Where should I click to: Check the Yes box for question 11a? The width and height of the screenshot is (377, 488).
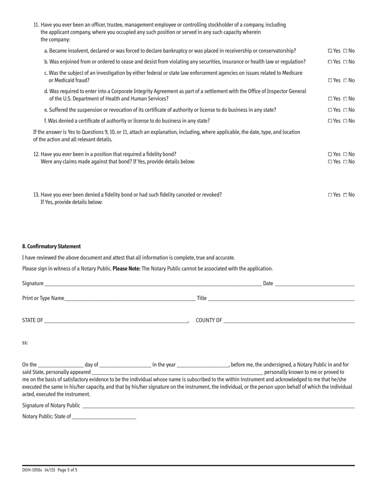(330, 51)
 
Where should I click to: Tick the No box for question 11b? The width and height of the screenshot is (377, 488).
(345, 62)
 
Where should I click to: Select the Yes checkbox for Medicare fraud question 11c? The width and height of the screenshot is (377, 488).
(330, 81)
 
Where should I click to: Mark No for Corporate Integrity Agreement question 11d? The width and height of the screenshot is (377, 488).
(345, 99)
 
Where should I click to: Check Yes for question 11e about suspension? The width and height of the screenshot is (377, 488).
(330, 110)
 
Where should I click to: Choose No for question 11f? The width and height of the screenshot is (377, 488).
(345, 121)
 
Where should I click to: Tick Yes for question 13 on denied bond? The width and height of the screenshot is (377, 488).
(330, 195)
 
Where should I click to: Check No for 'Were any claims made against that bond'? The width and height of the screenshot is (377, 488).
(345, 162)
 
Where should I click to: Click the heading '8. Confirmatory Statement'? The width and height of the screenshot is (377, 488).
(52, 246)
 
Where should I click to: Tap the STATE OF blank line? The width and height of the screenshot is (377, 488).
(115, 321)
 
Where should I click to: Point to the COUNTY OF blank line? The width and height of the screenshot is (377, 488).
(289, 321)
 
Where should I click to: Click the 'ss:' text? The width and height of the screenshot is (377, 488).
(25, 343)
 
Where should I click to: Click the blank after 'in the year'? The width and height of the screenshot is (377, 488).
(202, 365)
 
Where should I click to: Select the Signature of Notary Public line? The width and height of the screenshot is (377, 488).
(218, 405)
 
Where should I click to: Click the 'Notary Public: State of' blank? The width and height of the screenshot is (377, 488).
(104, 417)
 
